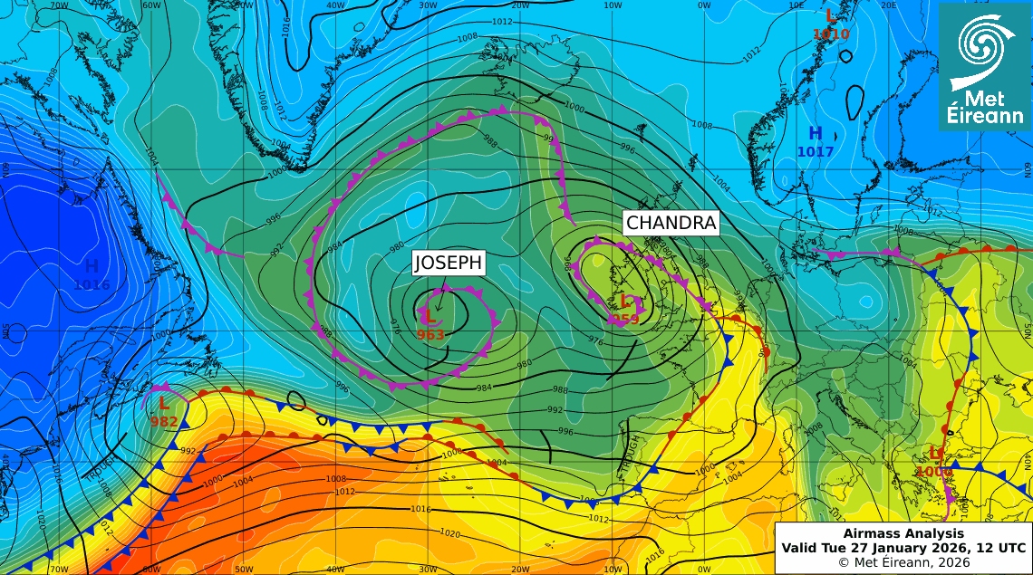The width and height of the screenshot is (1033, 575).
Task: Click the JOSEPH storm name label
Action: click(x=449, y=264)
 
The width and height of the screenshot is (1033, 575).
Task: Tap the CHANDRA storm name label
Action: click(x=671, y=223)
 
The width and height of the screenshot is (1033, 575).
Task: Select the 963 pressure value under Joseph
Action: click(x=430, y=335)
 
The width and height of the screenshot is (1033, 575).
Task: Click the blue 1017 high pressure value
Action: click(x=816, y=152)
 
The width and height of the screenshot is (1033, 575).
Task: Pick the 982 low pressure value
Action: click(x=164, y=421)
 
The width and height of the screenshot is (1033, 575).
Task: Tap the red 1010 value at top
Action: click(x=831, y=34)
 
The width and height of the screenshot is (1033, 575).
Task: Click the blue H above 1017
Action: click(x=816, y=134)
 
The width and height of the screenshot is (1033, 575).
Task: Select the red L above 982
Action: click(x=164, y=404)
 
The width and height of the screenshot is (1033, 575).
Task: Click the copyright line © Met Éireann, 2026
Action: click(x=903, y=562)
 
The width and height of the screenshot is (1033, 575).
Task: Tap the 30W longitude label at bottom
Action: click(x=428, y=569)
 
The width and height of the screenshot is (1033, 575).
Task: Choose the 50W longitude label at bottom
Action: click(x=243, y=569)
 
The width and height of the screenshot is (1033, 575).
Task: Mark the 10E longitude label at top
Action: click(x=796, y=5)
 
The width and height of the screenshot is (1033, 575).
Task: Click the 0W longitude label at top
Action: click(x=704, y=5)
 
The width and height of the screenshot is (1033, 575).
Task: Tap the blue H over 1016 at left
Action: click(x=92, y=266)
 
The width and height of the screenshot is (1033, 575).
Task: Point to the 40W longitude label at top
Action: click(x=335, y=5)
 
